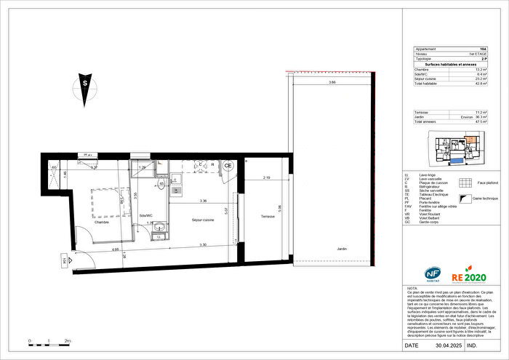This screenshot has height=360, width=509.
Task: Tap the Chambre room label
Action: [x=101, y=223]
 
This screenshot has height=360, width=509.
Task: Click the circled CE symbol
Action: [x=228, y=166]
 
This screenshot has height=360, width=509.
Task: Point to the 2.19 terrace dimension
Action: [x=266, y=177]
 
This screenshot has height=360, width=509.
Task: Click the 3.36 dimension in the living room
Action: [x=204, y=201]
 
